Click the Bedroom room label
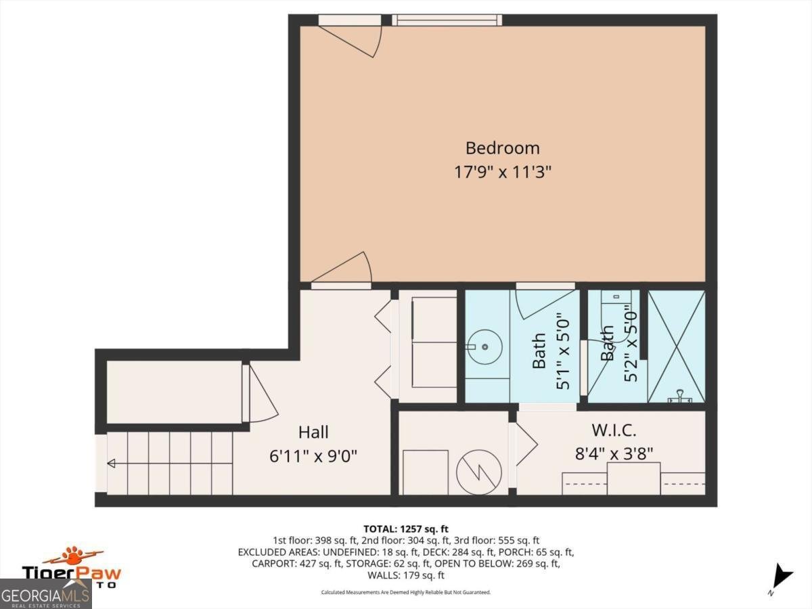pos(502,148)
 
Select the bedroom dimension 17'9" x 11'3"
pos(502,172)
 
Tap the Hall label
pos(313,432)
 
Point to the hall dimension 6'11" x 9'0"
pos(313,455)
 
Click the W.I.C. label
pos(614,430)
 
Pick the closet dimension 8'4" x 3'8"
pos(614,453)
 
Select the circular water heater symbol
pos(478,472)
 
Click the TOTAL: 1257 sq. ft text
pos(406,528)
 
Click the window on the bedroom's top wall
pos(447,20)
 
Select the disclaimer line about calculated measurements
pos(406,593)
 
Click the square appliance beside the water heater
pos(425,472)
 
